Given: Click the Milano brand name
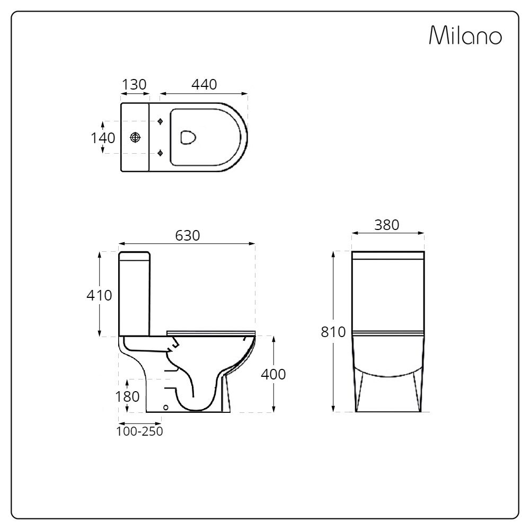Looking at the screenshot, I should pos(465,36).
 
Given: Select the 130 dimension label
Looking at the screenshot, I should pos(134,84).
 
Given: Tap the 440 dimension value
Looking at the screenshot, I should pos(204,84).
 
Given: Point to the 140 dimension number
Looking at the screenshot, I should pos(102,138).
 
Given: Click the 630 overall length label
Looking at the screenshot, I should pos(188,236).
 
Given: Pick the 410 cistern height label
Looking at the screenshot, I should pos(100,295).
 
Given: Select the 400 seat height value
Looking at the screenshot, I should pos(273,374).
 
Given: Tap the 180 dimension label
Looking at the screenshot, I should pos(127,396).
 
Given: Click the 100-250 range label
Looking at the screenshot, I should pos(140,431).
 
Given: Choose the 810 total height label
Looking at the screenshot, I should pos(333,332).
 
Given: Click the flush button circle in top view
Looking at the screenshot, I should pos(136,137).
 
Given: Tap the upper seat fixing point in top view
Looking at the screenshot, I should pos(161,121).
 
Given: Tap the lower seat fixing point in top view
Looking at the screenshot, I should pos(161,153).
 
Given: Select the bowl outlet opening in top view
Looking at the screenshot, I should pos(188,137).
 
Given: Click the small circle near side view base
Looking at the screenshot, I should pos(166,408).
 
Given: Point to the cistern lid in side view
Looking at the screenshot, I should pos(135,256).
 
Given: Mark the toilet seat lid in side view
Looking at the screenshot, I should pos(211,332).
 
